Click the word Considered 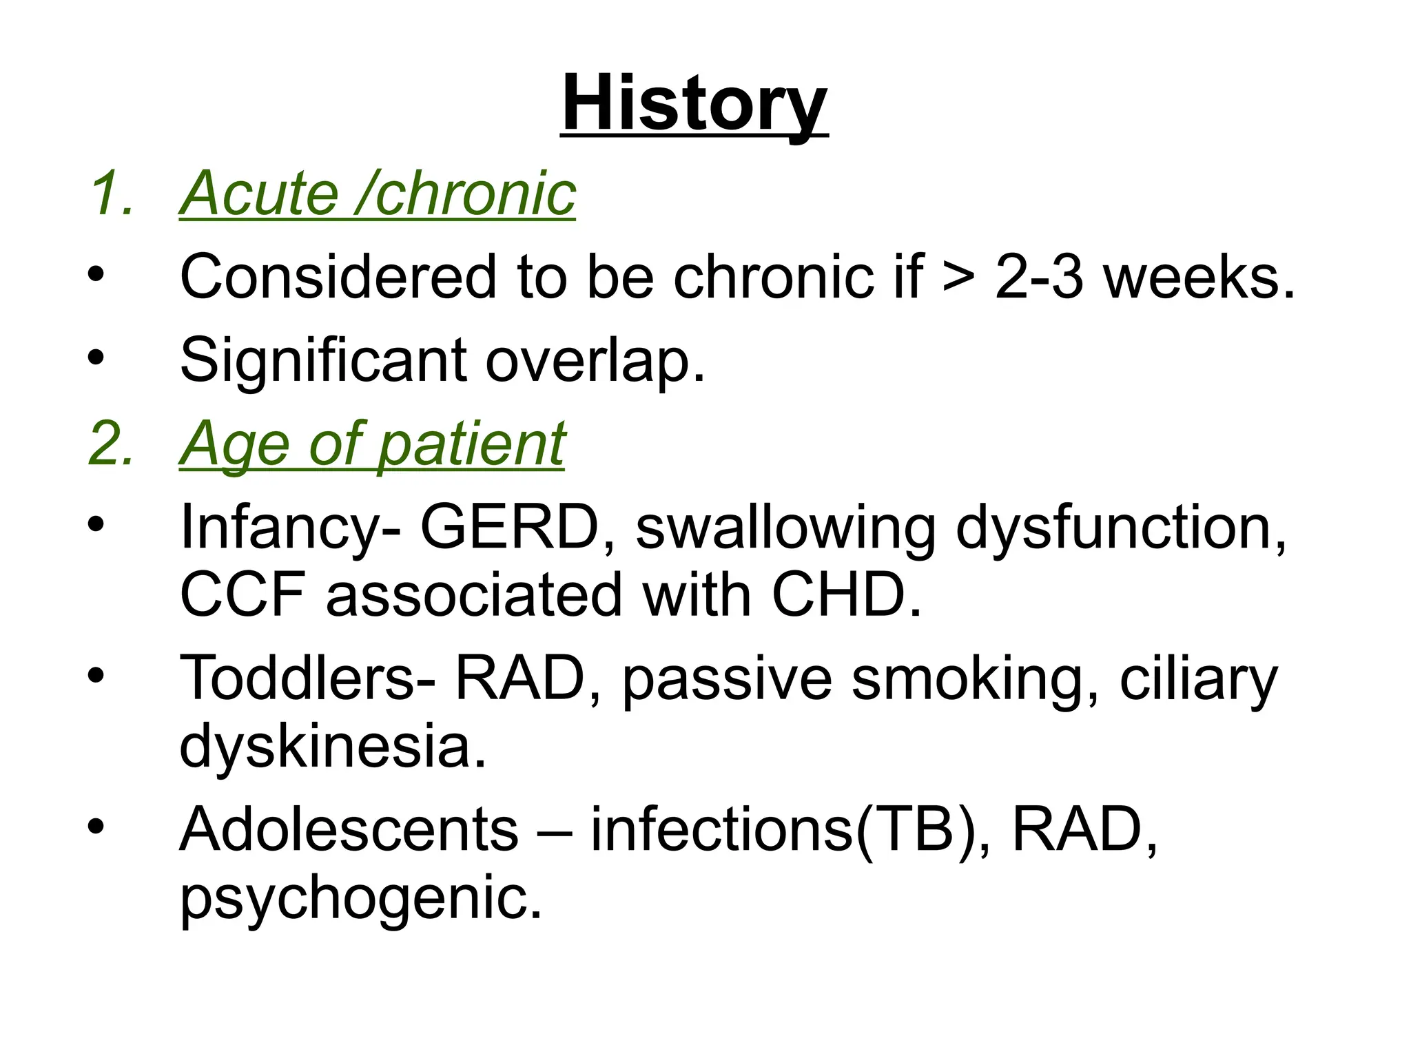click(338, 277)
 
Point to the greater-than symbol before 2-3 click(958, 277)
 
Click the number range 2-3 click(1039, 277)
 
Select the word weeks click(1199, 277)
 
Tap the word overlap click(595, 360)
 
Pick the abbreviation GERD click(510, 528)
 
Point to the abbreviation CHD click(846, 594)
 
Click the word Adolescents click(349, 829)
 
